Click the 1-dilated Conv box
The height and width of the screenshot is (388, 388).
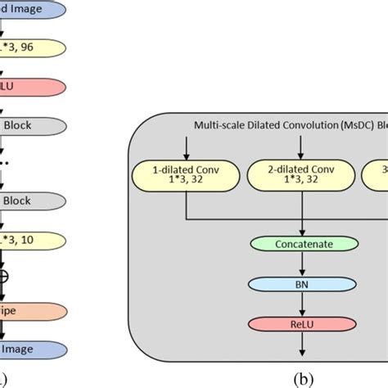coord(187,174)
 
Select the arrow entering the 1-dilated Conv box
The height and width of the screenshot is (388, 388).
coord(187,146)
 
